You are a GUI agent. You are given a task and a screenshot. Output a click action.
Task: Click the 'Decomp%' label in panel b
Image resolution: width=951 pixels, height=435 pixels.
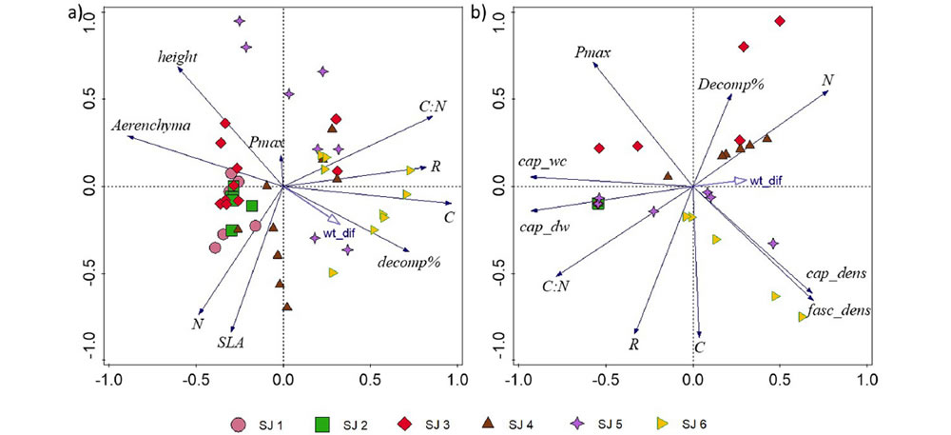[731, 85]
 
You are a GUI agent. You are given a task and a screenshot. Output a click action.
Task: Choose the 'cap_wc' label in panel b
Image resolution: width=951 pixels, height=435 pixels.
[542, 161]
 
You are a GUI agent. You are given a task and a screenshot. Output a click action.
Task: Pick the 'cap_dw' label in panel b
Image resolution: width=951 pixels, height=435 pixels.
[544, 227]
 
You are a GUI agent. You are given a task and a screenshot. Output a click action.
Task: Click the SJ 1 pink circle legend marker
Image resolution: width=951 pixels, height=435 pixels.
[242, 423]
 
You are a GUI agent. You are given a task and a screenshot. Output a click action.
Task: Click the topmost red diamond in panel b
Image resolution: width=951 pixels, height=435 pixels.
[780, 21]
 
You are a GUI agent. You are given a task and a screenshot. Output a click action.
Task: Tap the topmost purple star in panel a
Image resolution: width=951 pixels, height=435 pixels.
[240, 21]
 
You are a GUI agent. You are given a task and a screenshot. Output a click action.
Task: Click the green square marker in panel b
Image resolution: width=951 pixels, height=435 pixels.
[598, 203]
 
